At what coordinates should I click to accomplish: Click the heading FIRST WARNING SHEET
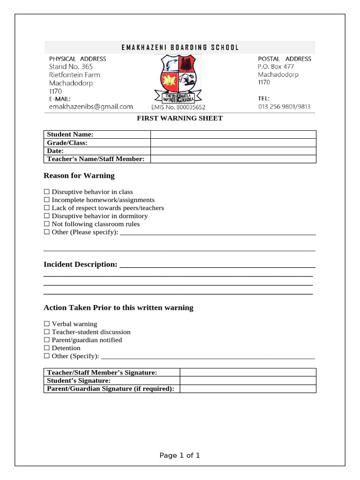(180, 118)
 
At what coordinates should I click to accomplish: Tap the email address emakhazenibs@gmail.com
(91, 107)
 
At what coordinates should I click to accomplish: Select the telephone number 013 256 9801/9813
(284, 107)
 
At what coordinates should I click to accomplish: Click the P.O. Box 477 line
(276, 67)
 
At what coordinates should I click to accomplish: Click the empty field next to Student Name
(233, 135)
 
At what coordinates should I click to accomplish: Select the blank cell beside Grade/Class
(233, 142)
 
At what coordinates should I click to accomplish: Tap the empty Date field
(233, 151)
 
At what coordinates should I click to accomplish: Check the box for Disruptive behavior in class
(46, 192)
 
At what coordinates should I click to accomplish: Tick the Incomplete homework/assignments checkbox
(46, 200)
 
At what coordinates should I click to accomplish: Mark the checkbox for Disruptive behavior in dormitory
(46, 216)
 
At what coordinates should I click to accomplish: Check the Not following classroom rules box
(46, 224)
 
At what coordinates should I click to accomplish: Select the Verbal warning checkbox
(46, 324)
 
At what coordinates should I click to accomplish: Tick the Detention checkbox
(46, 348)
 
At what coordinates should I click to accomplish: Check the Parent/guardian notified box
(46, 340)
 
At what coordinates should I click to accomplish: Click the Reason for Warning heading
(79, 176)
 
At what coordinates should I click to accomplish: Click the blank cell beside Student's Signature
(248, 381)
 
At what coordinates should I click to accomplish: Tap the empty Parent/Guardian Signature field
(248, 389)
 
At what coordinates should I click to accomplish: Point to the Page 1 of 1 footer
(180, 455)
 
